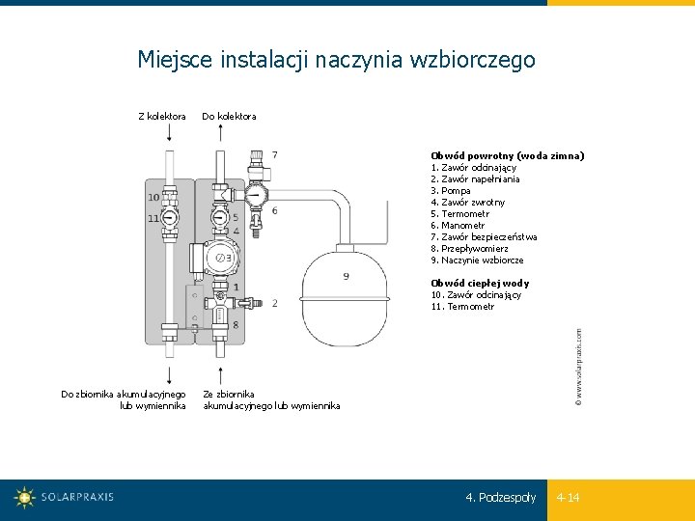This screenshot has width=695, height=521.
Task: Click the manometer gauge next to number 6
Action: [x=255, y=196]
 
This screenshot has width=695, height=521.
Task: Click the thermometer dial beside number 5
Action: [x=221, y=218]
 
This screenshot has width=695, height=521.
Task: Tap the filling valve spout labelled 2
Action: [x=253, y=302]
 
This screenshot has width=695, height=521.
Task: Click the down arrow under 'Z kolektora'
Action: [x=170, y=134]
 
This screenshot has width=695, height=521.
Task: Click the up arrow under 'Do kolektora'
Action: [x=221, y=134]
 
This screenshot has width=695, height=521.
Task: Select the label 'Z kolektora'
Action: [x=162, y=117]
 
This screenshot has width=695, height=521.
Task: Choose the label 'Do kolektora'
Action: [x=229, y=117]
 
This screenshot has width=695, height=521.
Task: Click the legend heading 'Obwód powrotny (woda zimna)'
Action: [x=507, y=155]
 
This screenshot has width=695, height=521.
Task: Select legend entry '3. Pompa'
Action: [x=451, y=190]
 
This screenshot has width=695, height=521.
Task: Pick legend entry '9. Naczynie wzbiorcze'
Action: [x=477, y=260]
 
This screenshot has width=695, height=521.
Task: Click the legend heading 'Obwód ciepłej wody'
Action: [x=480, y=284]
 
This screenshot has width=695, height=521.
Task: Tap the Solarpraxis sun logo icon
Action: [x=24, y=498]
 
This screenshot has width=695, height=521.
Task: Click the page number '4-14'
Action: [x=568, y=498]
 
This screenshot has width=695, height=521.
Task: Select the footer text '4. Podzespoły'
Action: [x=500, y=498]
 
